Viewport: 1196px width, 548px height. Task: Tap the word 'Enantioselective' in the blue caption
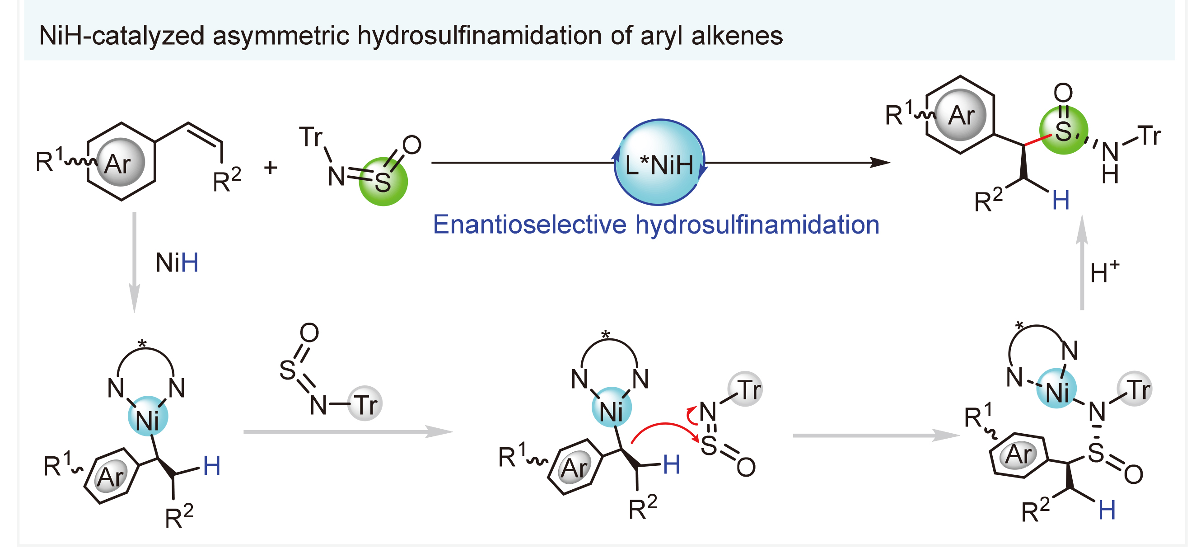[x=529, y=225]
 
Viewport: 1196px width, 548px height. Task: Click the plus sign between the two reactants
[x=270, y=167]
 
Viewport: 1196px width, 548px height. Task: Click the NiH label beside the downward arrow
[x=177, y=263]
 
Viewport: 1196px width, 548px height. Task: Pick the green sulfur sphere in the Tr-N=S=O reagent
[x=383, y=182]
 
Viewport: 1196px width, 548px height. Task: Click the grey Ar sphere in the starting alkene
[x=120, y=163]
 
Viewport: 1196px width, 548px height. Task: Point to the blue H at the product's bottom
[x=1061, y=201]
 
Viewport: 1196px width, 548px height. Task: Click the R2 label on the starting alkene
[x=227, y=180]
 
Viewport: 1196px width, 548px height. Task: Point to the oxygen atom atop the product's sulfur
[x=1063, y=93]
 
